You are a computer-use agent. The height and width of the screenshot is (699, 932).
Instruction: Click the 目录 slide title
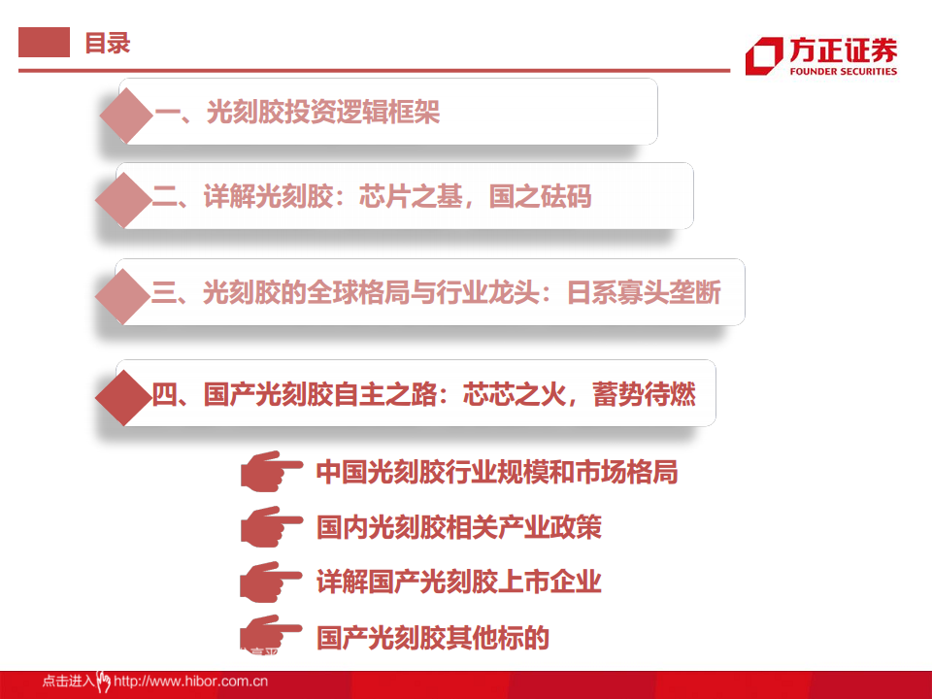coord(107,44)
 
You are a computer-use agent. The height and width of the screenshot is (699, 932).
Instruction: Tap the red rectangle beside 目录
coord(45,43)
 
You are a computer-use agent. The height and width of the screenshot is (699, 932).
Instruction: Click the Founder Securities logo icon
coord(764,55)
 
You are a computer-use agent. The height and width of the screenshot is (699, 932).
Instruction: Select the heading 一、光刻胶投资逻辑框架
coord(297,113)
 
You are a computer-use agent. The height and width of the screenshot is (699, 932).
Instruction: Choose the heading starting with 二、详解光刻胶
coord(372,197)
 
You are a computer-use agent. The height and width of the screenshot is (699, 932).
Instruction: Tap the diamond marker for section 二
coord(124,197)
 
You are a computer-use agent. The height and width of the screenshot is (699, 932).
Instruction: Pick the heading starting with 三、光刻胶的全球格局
coord(436,291)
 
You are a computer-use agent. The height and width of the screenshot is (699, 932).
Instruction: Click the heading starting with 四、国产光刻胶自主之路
coord(423,394)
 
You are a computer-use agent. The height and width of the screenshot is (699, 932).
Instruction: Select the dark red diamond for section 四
coord(125,394)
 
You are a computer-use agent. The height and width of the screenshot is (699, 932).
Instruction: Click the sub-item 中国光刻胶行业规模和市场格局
coord(496,473)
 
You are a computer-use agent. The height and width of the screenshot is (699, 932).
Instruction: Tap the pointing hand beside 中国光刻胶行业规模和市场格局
coord(270,472)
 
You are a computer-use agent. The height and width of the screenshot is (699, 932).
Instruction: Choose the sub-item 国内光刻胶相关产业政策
coord(458,527)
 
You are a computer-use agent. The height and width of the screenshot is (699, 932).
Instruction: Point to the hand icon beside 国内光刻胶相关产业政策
coord(270,527)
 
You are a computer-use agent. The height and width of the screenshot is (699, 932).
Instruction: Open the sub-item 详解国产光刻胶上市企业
coord(458,582)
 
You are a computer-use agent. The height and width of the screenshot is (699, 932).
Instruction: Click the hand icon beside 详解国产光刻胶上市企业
coord(270,582)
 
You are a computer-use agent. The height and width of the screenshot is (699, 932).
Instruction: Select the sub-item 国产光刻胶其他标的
coord(433,638)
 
